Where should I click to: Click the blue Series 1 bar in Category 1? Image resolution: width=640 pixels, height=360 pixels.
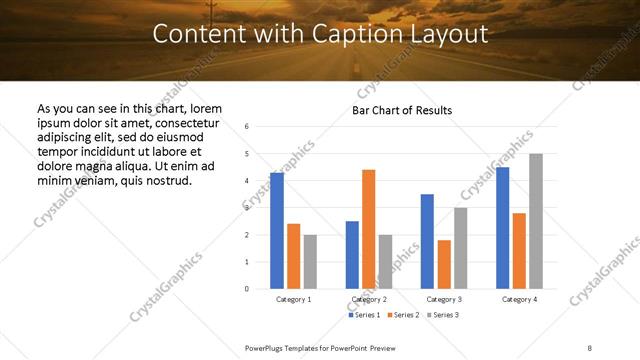pyautogui.click(x=277, y=231)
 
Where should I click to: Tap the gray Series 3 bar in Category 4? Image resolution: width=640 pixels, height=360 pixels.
pyautogui.click(x=536, y=221)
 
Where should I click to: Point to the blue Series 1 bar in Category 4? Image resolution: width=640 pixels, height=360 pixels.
pyautogui.click(x=502, y=228)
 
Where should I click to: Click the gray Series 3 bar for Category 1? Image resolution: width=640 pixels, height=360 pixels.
pyautogui.click(x=310, y=262)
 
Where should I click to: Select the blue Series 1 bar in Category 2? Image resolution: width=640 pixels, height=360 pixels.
pyautogui.click(x=352, y=255)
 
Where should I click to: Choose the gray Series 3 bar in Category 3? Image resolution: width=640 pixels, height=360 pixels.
pyautogui.click(x=461, y=248)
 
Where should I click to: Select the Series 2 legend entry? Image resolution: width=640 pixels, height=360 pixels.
pyautogui.click(x=402, y=315)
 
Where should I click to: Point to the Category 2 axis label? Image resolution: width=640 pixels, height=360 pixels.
pyautogui.click(x=369, y=299)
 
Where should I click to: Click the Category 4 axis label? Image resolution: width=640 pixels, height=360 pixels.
pyautogui.click(x=519, y=299)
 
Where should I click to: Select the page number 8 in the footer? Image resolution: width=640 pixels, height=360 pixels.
pyautogui.click(x=590, y=347)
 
